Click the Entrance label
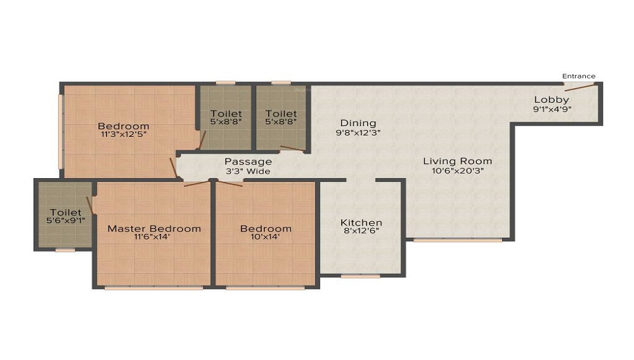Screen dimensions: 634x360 coord(579,76)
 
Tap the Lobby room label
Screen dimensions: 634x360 coord(552,100)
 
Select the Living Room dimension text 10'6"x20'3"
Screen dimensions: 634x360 coord(458,170)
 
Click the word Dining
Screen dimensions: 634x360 coord(358,123)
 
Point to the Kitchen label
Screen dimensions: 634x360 coord(361,222)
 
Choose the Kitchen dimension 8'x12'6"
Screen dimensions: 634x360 coord(361,231)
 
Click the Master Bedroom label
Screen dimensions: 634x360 coord(154,229)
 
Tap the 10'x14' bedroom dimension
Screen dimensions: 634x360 coord(265,237)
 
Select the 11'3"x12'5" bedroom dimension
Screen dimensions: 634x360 coord(124,134)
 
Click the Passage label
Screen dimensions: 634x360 coord(249,162)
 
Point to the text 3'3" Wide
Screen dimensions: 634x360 coord(249,171)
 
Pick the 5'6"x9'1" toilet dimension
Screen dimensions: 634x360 coord(66,221)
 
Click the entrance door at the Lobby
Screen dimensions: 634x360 coord(579,86)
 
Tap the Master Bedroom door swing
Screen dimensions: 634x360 coord(197,183)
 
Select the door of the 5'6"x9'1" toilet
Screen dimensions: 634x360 coord(90,205)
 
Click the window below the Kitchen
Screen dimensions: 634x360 coord(361,277)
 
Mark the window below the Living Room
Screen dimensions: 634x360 coord(458,240)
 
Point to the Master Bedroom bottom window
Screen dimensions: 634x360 coord(153,288)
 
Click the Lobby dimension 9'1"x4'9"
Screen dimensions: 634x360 coord(552,108)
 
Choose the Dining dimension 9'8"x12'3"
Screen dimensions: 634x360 coord(358,132)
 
